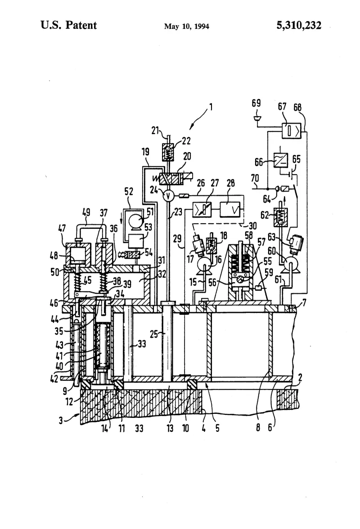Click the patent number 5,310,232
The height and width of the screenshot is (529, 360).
299,25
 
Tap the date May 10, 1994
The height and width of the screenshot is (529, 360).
187,26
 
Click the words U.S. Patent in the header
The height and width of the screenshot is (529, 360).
68,25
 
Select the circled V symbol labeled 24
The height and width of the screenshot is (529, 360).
168,195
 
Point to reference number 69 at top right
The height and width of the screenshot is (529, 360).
256,103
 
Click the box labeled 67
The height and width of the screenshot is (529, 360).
292,130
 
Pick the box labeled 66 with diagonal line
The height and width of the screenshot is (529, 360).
281,160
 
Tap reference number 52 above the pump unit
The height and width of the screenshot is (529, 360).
129,192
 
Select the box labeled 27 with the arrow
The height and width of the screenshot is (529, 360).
202,210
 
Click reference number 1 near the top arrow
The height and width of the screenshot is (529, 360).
211,107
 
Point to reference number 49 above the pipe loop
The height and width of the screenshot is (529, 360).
86,212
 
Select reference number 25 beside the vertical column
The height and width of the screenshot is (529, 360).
154,334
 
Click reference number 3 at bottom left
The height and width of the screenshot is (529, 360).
61,420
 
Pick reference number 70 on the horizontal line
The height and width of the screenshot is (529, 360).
255,178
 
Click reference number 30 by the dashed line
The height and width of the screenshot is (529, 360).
252,225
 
